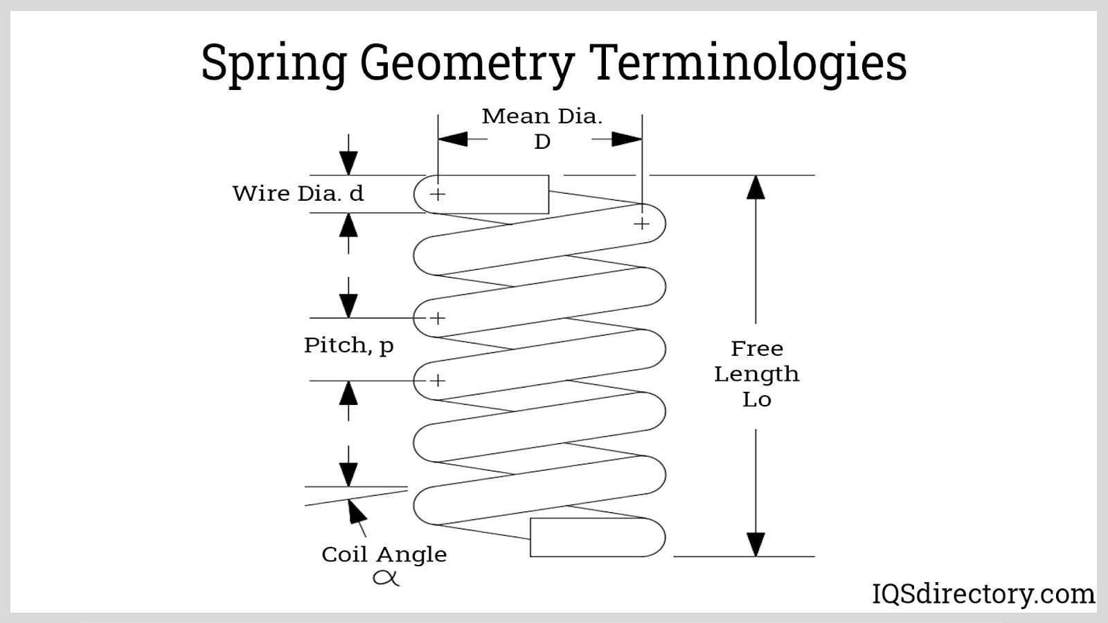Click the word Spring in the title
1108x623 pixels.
274,64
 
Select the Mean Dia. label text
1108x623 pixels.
542,116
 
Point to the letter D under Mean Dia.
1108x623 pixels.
542,142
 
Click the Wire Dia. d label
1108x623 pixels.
298,193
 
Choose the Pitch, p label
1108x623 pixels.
348,345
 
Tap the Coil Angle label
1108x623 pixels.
384,554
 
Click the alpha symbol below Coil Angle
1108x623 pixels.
386,577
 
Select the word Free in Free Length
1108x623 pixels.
757,348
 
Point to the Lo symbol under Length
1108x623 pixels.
757,399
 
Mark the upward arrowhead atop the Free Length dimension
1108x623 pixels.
756,188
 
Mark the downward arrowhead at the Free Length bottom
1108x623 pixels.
756,544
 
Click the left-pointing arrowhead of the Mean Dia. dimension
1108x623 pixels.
452,139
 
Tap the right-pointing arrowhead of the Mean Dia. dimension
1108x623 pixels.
627,139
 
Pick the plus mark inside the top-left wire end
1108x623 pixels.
437,194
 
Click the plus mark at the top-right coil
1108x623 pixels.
642,224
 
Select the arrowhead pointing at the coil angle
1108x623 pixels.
356,511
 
